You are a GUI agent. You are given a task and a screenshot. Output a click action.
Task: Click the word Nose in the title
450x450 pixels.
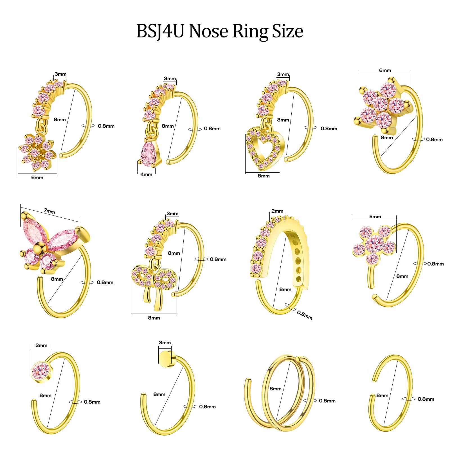click(x=208, y=31)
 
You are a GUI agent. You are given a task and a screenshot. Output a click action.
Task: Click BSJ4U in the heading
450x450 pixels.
click(x=160, y=31)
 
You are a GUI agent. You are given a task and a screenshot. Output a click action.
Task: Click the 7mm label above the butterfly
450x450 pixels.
click(x=49, y=211)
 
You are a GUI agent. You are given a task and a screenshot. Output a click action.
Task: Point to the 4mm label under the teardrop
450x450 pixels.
click(x=146, y=175)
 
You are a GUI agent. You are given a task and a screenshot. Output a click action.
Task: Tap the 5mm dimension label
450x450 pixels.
click(x=375, y=217)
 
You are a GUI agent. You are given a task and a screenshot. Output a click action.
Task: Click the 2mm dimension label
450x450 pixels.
click(x=277, y=211)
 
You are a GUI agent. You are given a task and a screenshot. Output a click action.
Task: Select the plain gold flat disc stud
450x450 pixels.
click(x=165, y=359)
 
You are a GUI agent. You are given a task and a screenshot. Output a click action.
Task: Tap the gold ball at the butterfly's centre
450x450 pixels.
click(x=39, y=248)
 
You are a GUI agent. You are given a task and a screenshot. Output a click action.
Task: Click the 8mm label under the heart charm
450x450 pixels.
click(x=264, y=176)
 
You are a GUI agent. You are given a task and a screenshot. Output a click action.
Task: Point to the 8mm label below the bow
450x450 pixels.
click(x=154, y=318)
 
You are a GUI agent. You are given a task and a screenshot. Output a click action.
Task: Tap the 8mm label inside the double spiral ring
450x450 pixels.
click(x=275, y=389)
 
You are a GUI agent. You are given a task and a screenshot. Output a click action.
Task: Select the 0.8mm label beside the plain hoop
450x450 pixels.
click(x=426, y=399)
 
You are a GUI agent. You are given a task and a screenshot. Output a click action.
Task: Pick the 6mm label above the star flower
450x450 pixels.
click(x=385, y=70)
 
